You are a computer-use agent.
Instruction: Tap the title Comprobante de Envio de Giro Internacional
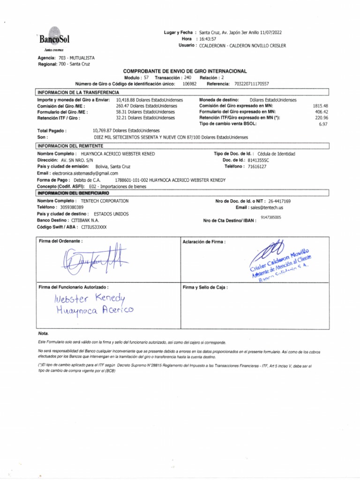185,71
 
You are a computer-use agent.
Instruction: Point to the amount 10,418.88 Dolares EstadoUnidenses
149,100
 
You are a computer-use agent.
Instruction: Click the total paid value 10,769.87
127,130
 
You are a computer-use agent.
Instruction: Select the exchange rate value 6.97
323,124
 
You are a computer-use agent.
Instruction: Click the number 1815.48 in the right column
321,106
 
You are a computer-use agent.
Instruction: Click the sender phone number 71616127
257,166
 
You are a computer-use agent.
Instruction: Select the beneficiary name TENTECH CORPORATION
105,201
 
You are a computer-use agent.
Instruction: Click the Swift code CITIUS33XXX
94,227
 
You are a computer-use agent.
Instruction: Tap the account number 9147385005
271,217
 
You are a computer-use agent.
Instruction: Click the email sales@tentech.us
266,207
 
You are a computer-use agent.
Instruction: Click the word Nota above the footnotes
43,333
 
